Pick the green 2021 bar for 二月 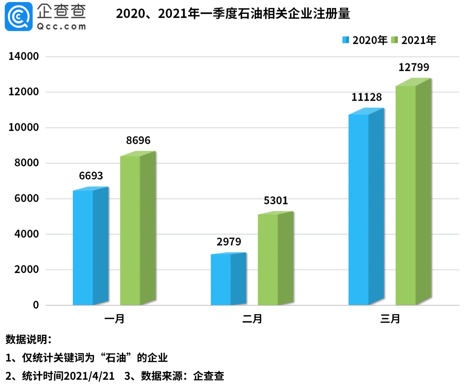pos(275,259)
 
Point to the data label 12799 pos(414,67)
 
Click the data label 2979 pos(229,242)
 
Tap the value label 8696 pos(138,140)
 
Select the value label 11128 pos(367,97)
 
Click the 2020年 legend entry pos(365,40)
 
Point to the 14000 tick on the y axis pos(24,56)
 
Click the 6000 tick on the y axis pos(27,198)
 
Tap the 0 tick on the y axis pos(36,305)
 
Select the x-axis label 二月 pos(252,319)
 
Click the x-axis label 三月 pos(390,319)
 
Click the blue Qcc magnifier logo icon pos(19,17)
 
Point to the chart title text pos(233,14)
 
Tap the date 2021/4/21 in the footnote pos(89,376)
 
